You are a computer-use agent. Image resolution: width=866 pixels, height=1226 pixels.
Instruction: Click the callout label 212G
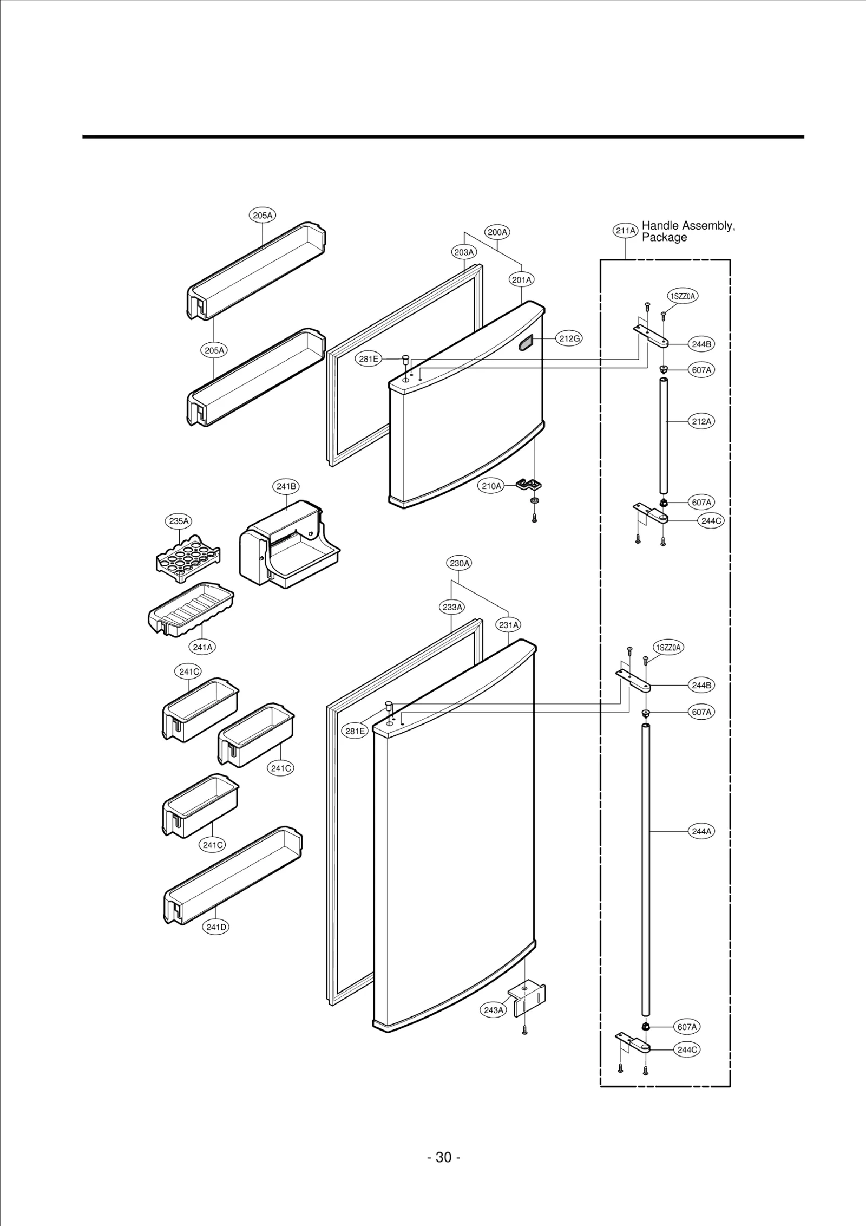(569, 338)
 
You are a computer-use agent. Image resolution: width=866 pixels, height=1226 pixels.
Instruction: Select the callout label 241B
(286, 486)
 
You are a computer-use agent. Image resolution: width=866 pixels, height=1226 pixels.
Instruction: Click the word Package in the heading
(664, 238)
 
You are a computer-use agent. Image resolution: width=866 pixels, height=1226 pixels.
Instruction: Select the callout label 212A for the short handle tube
(701, 421)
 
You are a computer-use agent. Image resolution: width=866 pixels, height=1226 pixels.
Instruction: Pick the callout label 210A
(491, 486)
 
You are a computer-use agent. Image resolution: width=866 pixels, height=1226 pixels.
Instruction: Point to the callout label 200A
(497, 232)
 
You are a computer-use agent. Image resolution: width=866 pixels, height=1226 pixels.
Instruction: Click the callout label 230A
(460, 563)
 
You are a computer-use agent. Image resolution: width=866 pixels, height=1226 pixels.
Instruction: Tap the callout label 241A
(202, 647)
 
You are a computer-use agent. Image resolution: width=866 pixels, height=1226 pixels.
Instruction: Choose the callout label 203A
(464, 252)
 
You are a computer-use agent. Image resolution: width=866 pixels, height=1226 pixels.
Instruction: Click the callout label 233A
(452, 607)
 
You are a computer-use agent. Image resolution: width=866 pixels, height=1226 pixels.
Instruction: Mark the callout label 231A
(509, 625)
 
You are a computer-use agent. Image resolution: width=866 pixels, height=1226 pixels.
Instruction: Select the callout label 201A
(522, 279)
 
